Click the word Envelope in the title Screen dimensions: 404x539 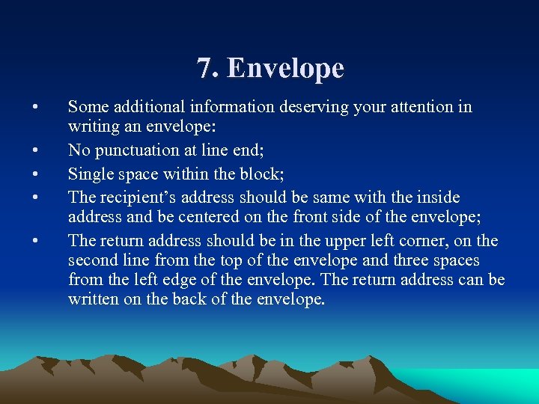point(285,69)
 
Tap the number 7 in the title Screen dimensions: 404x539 point(205,68)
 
